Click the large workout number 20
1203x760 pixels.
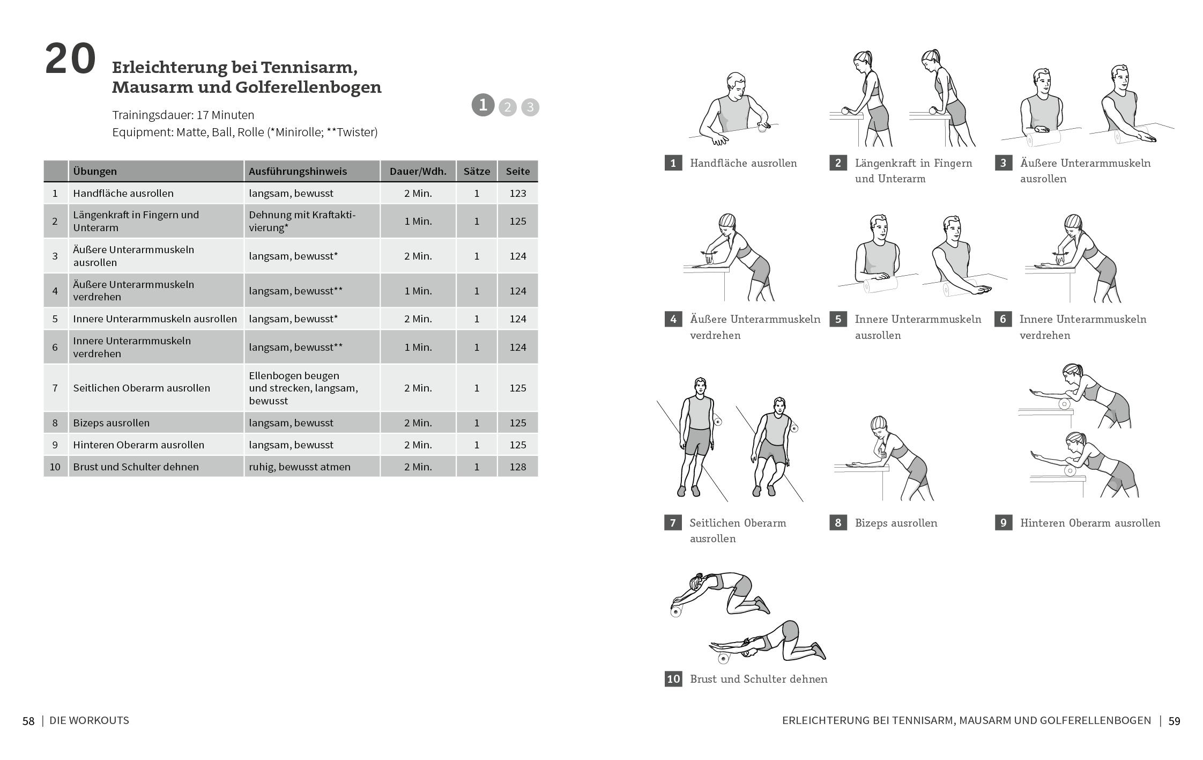(x=70, y=59)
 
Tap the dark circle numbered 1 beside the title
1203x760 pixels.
(x=482, y=105)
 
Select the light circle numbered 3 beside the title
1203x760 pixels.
(x=530, y=107)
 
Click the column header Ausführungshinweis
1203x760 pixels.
(x=298, y=171)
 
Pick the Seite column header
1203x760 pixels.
(x=517, y=171)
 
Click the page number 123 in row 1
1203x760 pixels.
(x=517, y=193)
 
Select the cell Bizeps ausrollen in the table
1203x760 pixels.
(x=112, y=423)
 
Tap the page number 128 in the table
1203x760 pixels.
(x=517, y=467)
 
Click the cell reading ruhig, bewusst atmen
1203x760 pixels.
(x=299, y=467)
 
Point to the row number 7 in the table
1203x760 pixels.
(x=55, y=388)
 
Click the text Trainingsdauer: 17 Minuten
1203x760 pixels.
(x=183, y=115)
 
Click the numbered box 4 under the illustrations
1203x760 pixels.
(x=673, y=320)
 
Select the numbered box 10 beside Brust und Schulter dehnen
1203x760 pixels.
(x=673, y=679)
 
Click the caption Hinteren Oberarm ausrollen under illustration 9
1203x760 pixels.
(x=1090, y=523)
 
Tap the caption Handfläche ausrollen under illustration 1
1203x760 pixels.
(x=743, y=163)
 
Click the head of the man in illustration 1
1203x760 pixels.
(x=736, y=85)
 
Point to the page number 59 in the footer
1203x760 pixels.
(x=1174, y=721)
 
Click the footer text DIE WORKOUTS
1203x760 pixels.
(x=89, y=720)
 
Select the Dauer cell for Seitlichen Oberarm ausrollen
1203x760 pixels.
(x=418, y=388)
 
